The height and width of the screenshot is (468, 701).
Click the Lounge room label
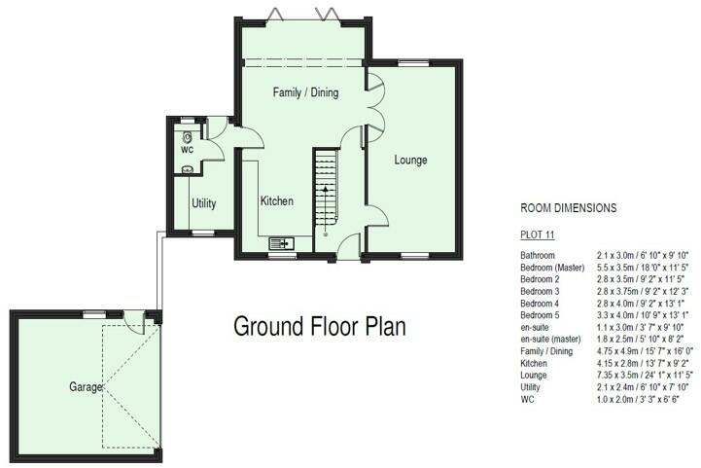tap(410, 160)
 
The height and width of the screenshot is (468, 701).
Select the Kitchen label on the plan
tap(276, 201)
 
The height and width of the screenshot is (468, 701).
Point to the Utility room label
tap(203, 203)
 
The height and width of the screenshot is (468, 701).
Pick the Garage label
tap(86, 386)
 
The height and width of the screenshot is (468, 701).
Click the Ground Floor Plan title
tap(319, 326)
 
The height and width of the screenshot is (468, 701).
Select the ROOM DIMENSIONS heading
tap(569, 208)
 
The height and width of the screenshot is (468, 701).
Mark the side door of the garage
tap(147, 317)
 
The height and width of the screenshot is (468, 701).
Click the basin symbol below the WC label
tap(187, 169)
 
